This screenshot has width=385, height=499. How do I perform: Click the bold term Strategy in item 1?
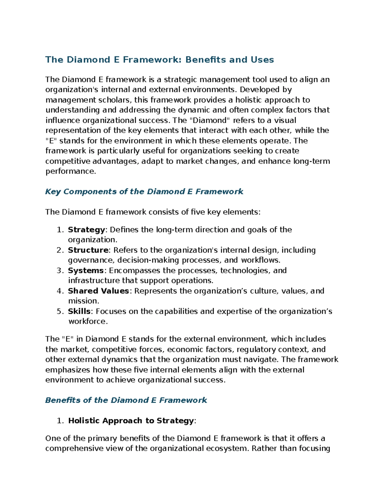86,230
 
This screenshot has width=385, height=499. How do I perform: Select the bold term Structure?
88,250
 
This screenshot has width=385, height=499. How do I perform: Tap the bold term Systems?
86,271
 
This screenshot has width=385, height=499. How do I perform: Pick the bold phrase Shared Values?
98,291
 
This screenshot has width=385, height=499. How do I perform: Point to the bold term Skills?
79,311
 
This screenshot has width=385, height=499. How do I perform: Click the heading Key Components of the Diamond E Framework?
144,192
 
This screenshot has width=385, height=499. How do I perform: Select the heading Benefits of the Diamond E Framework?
126,400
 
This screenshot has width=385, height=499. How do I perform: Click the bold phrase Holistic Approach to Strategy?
131,421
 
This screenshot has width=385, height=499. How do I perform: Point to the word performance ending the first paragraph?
70,172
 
